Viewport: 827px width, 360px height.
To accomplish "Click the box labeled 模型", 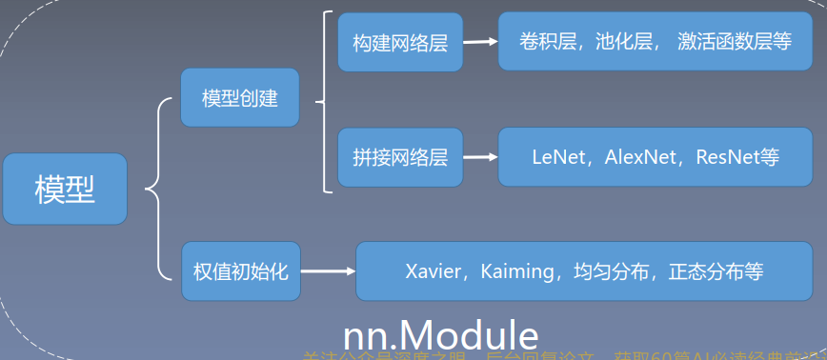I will point(65,189).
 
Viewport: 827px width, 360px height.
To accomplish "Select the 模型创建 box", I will point(240,98).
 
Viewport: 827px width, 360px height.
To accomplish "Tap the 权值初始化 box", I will point(240,271).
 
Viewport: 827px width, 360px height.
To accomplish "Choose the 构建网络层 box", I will point(400,42).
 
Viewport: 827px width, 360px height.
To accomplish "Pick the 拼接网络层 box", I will point(400,157).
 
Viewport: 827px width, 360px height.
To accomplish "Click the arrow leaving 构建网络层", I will point(479,42).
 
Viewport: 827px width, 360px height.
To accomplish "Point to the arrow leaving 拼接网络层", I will point(479,157).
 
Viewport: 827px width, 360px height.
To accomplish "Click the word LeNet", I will point(557,157).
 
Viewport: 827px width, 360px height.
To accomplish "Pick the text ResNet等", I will point(737,157).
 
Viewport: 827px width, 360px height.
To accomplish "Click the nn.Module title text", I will point(440,335).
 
